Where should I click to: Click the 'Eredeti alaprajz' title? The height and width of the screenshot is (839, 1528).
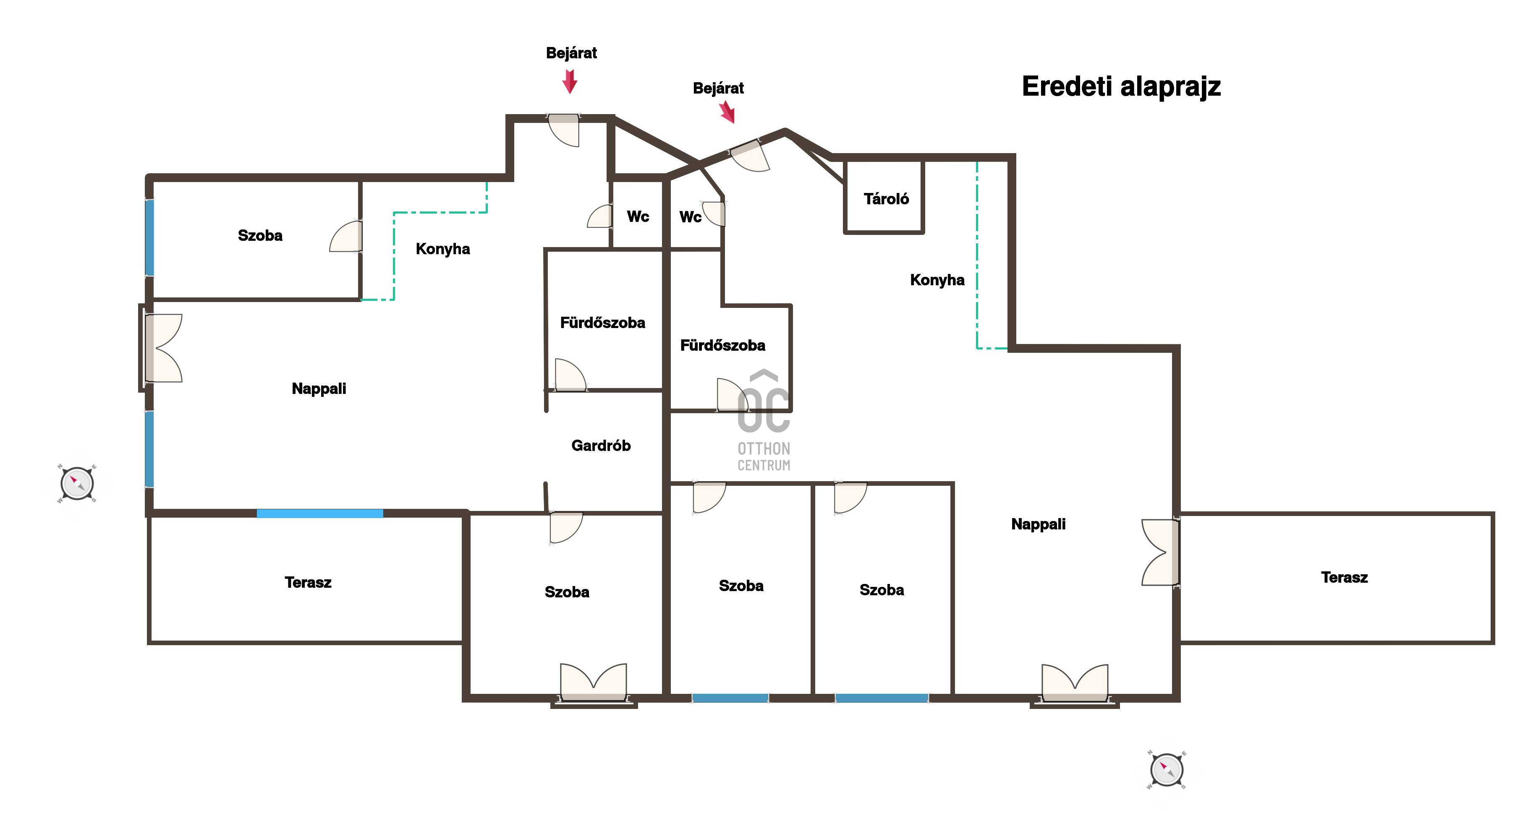pyautogui.click(x=1121, y=86)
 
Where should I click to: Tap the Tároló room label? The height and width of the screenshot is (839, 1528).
pyautogui.click(x=886, y=198)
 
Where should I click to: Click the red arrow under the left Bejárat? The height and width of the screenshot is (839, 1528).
pyautogui.click(x=570, y=81)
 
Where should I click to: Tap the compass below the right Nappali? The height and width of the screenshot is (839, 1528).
pyautogui.click(x=1167, y=770)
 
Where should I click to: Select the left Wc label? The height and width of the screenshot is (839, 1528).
pyautogui.click(x=638, y=216)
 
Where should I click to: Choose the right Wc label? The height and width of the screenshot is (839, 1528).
pyautogui.click(x=691, y=217)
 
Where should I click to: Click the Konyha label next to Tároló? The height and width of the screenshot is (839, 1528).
pyautogui.click(x=937, y=280)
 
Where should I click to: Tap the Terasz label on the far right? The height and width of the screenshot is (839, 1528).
pyautogui.click(x=1344, y=578)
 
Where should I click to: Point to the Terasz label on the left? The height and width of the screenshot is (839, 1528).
pyautogui.click(x=308, y=582)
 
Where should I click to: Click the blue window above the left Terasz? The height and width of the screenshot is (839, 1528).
pyautogui.click(x=320, y=513)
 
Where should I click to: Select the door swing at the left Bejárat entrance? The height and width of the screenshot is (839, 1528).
pyautogui.click(x=563, y=130)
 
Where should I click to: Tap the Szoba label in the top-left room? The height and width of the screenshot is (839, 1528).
pyautogui.click(x=260, y=235)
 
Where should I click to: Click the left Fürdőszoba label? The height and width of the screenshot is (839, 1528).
pyautogui.click(x=603, y=323)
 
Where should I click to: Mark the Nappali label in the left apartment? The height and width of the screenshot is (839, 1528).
pyautogui.click(x=319, y=389)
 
